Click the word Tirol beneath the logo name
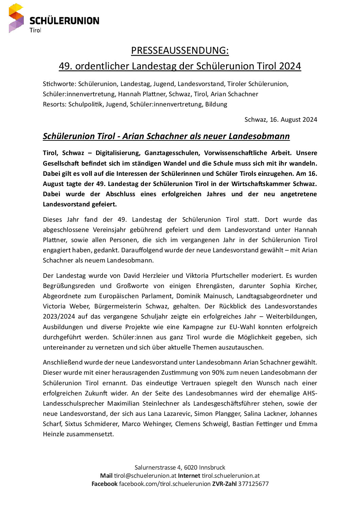(35, 30)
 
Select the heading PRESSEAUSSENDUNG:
(180, 50)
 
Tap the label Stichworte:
(59, 84)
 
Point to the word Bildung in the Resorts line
(216, 104)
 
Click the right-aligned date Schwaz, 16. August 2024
(281, 119)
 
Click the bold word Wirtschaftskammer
(261, 184)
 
